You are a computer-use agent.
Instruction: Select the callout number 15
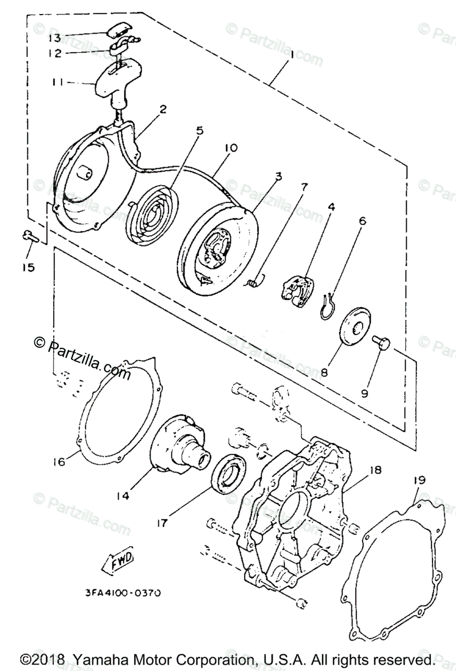click(x=28, y=267)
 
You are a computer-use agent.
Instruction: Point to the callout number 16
click(x=60, y=461)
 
